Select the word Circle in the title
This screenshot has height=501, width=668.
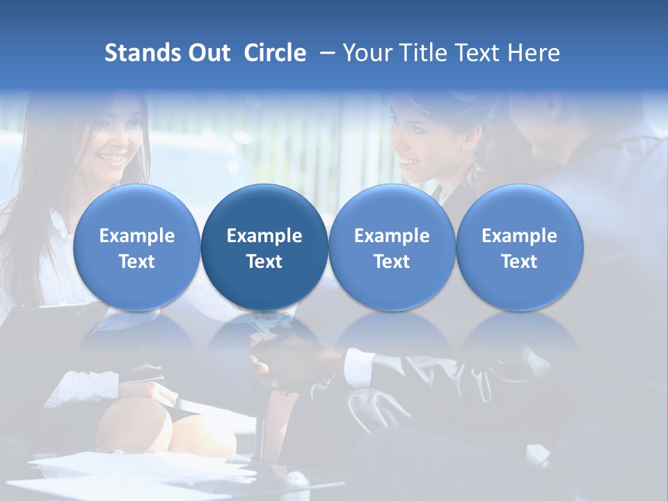[275, 53]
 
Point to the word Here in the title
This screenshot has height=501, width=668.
[534, 53]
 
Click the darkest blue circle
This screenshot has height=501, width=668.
[264, 248]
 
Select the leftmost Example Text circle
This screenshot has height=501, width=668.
[137, 248]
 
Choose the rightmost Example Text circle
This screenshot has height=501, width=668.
[519, 248]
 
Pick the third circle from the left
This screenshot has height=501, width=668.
[392, 248]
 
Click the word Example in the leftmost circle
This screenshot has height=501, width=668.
[137, 236]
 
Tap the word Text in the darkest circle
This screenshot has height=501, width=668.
[264, 262]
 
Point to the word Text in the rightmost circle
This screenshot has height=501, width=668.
[519, 262]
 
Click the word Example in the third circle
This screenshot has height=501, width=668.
[392, 236]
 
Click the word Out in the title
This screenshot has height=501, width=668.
[207, 53]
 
